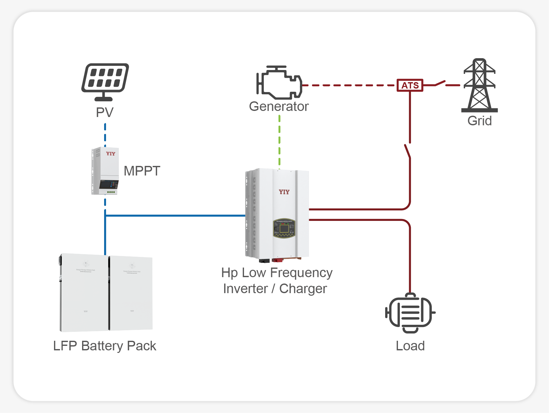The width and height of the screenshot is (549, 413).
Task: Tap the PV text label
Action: pyautogui.click(x=105, y=113)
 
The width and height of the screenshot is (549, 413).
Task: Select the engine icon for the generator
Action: pyautogui.click(x=279, y=82)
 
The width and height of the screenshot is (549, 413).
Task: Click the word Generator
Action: pyautogui.click(x=279, y=106)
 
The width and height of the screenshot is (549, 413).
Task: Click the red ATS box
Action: pyautogui.click(x=410, y=85)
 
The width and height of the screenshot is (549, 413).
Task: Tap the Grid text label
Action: pyautogui.click(x=479, y=121)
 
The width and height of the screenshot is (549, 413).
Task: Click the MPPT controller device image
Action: pyautogui.click(x=105, y=171)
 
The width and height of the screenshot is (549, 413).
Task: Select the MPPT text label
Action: pyautogui.click(x=142, y=171)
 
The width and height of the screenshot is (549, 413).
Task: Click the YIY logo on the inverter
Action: pyautogui.click(x=284, y=192)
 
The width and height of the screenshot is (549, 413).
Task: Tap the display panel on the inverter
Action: pyautogui.click(x=284, y=228)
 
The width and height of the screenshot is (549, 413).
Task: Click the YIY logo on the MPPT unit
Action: pyautogui.click(x=111, y=154)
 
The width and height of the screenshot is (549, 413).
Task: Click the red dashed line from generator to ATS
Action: pyautogui.click(x=348, y=85)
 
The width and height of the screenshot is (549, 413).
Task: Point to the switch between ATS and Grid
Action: pyautogui.click(x=440, y=83)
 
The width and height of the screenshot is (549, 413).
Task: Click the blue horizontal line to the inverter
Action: pyautogui.click(x=176, y=216)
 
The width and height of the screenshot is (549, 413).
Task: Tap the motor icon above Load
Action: pyautogui.click(x=410, y=313)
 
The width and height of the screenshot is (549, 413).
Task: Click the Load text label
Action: pyautogui.click(x=410, y=346)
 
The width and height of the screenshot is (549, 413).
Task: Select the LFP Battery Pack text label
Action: pyautogui.click(x=105, y=346)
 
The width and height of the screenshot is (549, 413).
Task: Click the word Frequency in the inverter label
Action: pyautogui.click(x=301, y=273)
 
